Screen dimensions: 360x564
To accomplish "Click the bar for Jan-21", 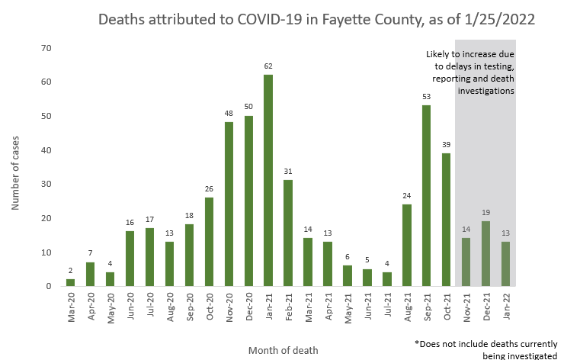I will click(268, 181).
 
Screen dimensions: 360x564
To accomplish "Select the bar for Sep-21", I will click(426, 196).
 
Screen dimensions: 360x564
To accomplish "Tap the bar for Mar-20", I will click(71, 283).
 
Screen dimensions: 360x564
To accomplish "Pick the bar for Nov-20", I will click(229, 204).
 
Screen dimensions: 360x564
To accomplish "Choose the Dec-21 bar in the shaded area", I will click(485, 254).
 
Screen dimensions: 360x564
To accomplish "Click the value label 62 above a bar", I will click(268, 66).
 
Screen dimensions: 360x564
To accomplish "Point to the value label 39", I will click(446, 145).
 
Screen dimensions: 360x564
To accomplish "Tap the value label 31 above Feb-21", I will click(288, 172).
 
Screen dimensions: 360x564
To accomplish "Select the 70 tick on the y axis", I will click(46, 49).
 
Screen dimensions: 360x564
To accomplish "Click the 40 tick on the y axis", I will click(46, 150).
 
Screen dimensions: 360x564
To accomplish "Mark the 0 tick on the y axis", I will click(48, 286).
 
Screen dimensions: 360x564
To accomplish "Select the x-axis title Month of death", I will click(283, 350).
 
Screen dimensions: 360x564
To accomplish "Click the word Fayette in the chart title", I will click(335, 19).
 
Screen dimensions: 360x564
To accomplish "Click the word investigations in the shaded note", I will click(485, 91).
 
